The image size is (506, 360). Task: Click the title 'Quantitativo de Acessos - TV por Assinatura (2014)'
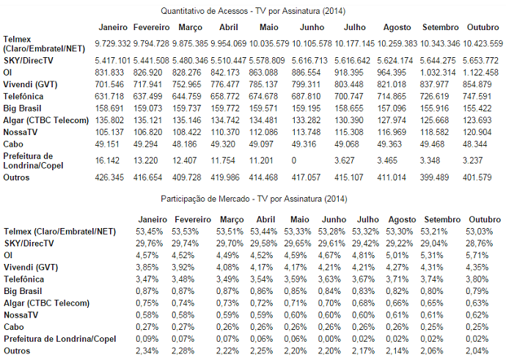pos(253,11)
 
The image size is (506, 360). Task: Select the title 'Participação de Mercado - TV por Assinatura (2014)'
pos(253,199)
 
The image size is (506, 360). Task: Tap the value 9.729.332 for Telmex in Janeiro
pos(113,44)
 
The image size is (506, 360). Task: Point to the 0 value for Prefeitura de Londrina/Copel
pos(294,160)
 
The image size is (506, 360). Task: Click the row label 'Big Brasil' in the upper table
pos(23,107)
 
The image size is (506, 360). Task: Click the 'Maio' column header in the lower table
pos(299,219)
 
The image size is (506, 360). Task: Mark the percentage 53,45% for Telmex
pos(149,232)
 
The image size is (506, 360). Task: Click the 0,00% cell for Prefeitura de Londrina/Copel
pos(334,339)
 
